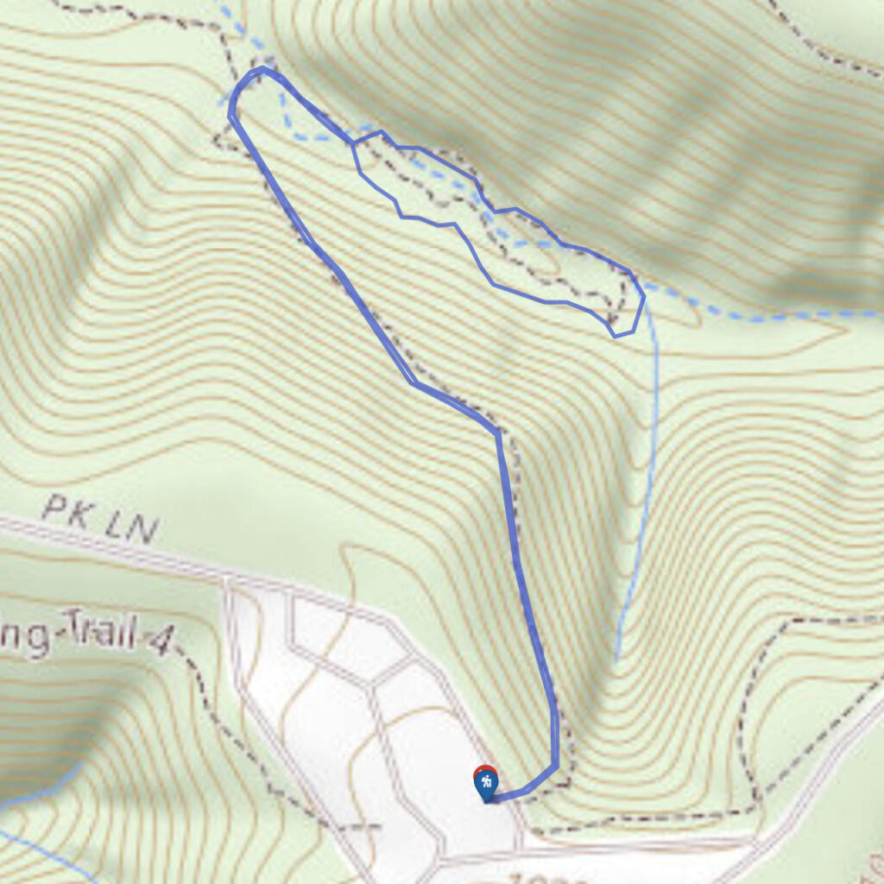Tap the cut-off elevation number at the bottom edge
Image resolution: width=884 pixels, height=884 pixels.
coord(544,878)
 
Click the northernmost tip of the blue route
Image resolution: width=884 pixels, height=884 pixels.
coord(262,68)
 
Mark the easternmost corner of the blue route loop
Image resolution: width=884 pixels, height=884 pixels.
coord(643,299)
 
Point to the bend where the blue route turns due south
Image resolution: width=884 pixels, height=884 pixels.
coord(497,432)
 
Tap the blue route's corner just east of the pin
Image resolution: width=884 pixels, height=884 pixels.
coord(555,765)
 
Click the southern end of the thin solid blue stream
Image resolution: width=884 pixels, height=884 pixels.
coord(616,660)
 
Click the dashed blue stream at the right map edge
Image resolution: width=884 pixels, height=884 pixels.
coord(863,313)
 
